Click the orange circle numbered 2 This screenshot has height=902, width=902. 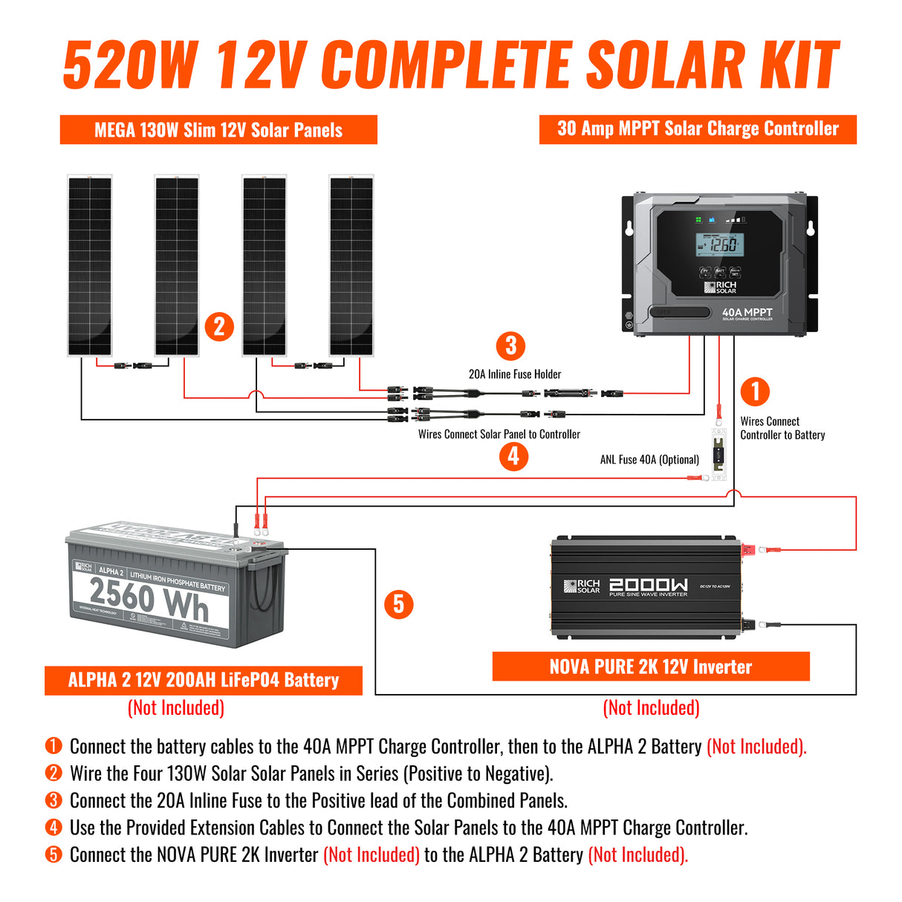pyautogui.click(x=218, y=326)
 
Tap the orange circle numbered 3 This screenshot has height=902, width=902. pyautogui.click(x=510, y=345)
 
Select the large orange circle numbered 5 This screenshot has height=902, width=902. pyautogui.click(x=399, y=604)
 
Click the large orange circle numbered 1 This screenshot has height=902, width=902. pyautogui.click(x=755, y=392)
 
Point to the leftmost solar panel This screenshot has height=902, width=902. pyautogui.click(x=90, y=266)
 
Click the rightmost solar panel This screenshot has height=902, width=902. pyautogui.click(x=351, y=266)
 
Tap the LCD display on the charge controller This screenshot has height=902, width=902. pyautogui.click(x=720, y=244)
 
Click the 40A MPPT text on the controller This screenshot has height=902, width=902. pyautogui.click(x=747, y=313)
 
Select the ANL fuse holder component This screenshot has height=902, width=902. pyautogui.click(x=718, y=454)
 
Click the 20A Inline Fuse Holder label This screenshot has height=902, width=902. pyautogui.click(x=515, y=374)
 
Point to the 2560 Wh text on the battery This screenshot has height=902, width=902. pyautogui.click(x=149, y=600)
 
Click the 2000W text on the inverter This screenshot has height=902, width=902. pyautogui.click(x=648, y=585)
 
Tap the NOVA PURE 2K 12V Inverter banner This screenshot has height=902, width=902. pyautogui.click(x=651, y=666)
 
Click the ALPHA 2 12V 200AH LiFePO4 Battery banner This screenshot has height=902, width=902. pyautogui.click(x=204, y=680)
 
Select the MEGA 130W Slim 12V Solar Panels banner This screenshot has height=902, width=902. pyautogui.click(x=218, y=130)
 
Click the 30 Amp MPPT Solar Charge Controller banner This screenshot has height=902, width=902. pyautogui.click(x=698, y=129)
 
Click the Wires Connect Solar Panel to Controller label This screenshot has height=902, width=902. pyautogui.click(x=499, y=435)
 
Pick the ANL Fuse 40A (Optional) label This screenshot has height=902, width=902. pyautogui.click(x=649, y=460)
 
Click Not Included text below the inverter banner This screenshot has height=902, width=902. pyautogui.click(x=651, y=707)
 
